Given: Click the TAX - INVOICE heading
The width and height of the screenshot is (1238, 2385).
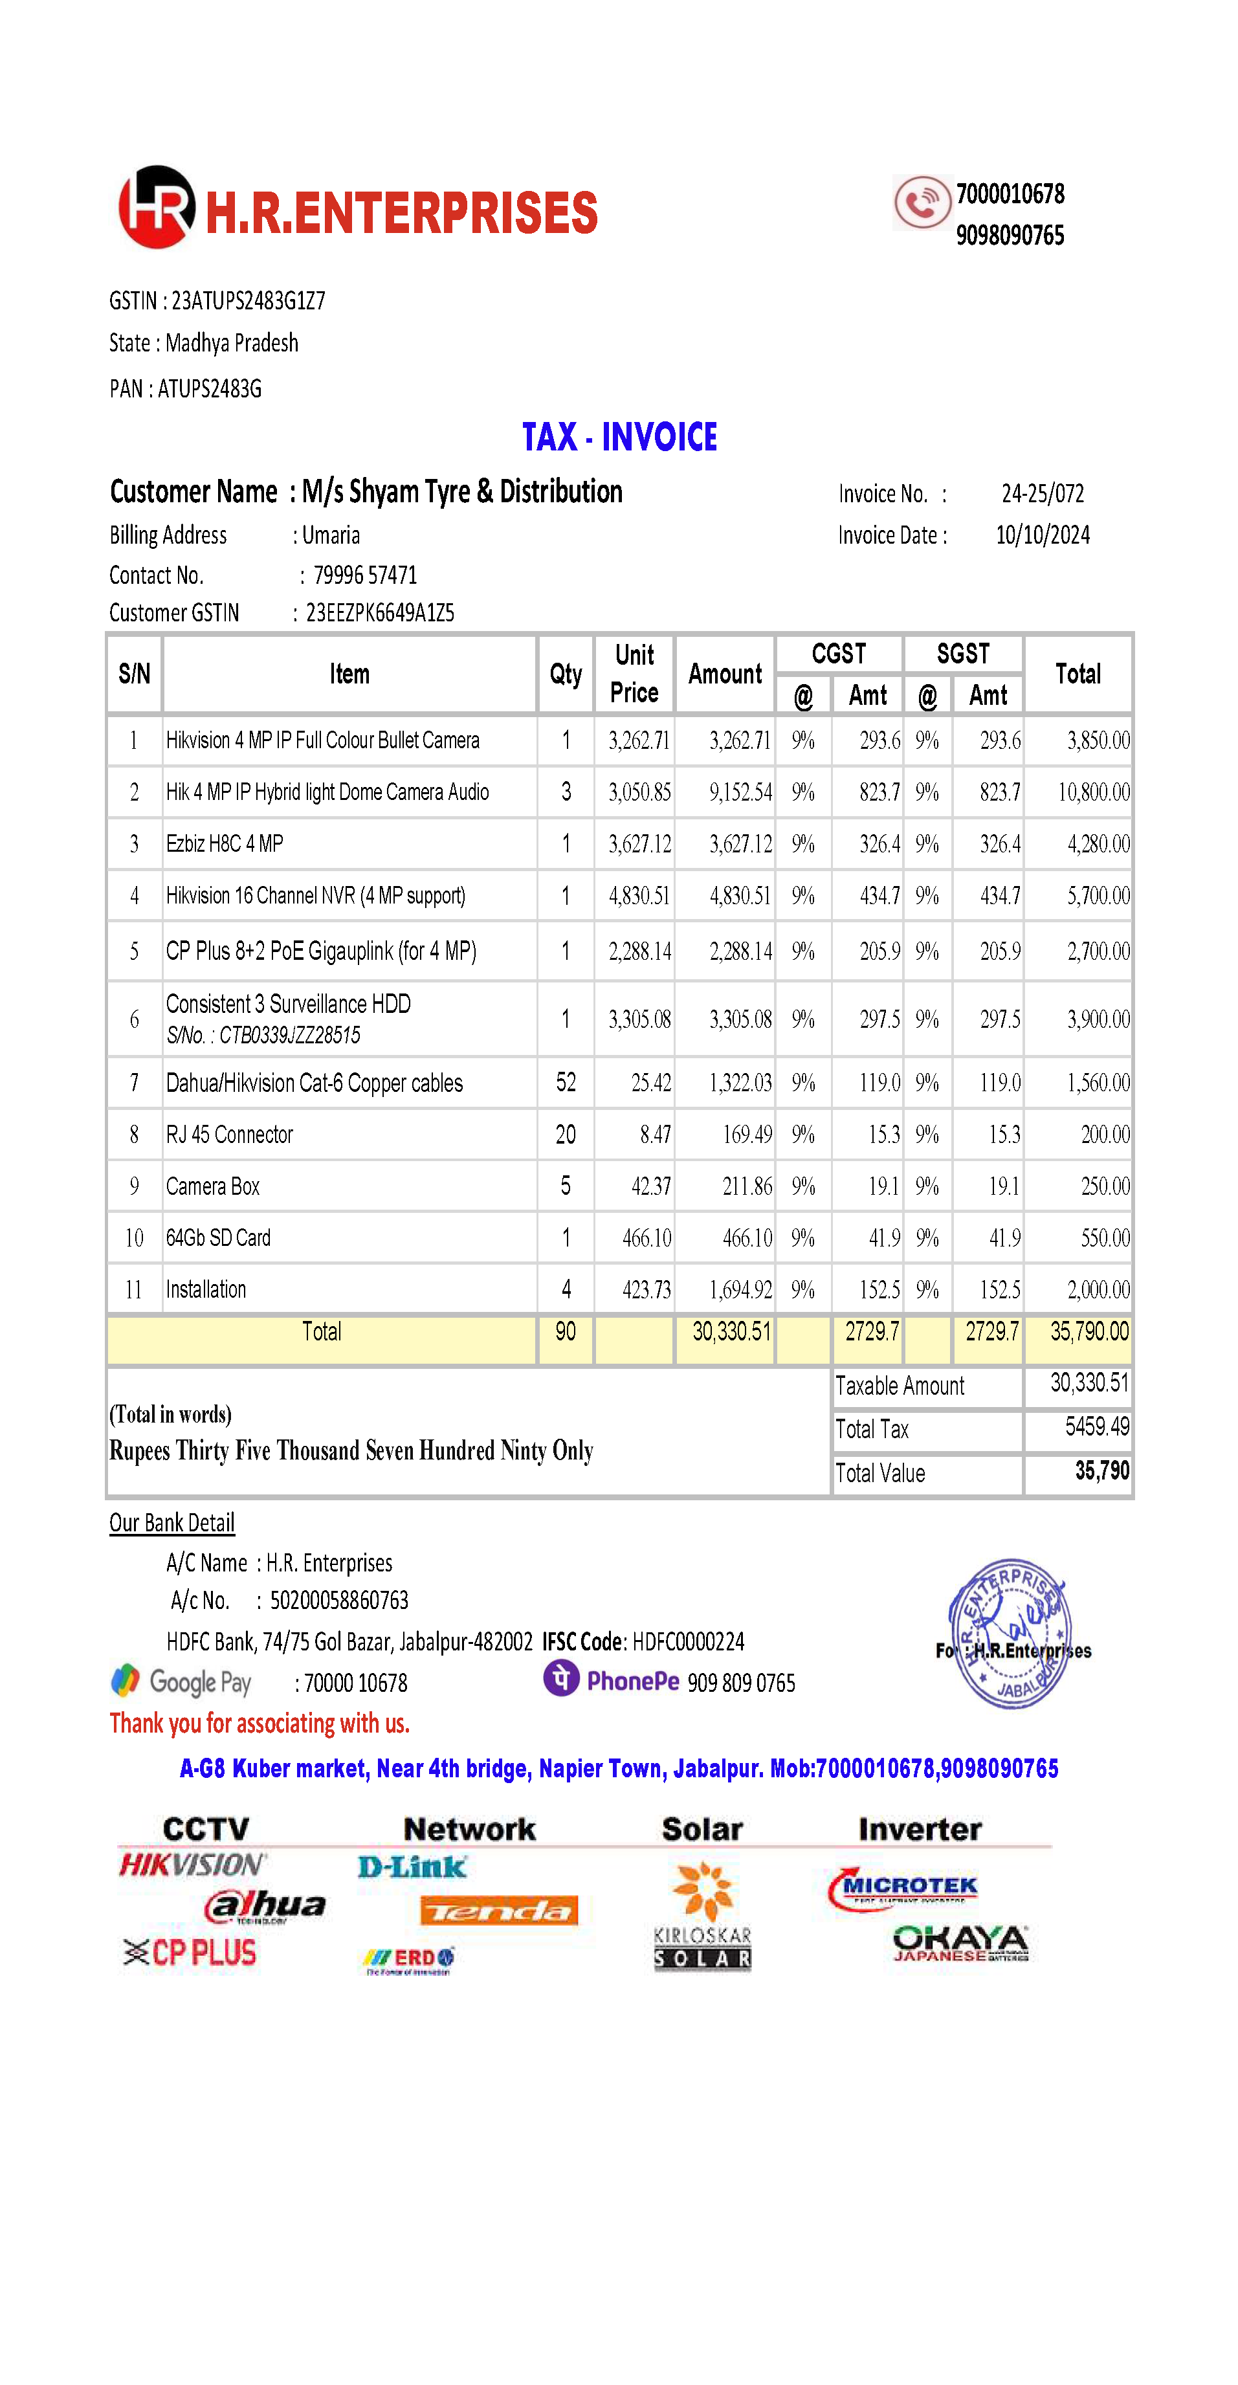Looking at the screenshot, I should coord(619,437).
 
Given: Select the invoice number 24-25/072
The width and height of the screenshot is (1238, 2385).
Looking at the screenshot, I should coord(1042,493).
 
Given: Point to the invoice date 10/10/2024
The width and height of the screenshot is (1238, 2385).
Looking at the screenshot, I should coord(1043,535).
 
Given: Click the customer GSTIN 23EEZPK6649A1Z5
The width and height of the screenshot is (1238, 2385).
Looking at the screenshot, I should coord(380,613).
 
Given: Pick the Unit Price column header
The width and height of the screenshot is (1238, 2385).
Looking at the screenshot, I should coord(634,673).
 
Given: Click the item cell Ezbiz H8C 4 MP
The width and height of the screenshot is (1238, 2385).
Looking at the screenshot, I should coord(225,843).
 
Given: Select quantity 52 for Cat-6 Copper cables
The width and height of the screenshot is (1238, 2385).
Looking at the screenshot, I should coord(566,1082).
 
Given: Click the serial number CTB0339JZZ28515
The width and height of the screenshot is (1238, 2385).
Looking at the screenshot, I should coord(290,1035).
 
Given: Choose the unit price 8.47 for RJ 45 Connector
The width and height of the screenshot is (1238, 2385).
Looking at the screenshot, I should coord(655,1134).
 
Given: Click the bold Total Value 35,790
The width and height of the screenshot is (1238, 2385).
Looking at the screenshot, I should coord(1102,1470).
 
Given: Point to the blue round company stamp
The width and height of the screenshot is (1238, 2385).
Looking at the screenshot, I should coord(1010,1633).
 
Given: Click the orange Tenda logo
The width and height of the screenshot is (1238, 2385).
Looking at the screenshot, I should coord(499,1910).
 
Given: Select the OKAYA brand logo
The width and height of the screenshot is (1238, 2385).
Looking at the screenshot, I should coord(960,1942).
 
